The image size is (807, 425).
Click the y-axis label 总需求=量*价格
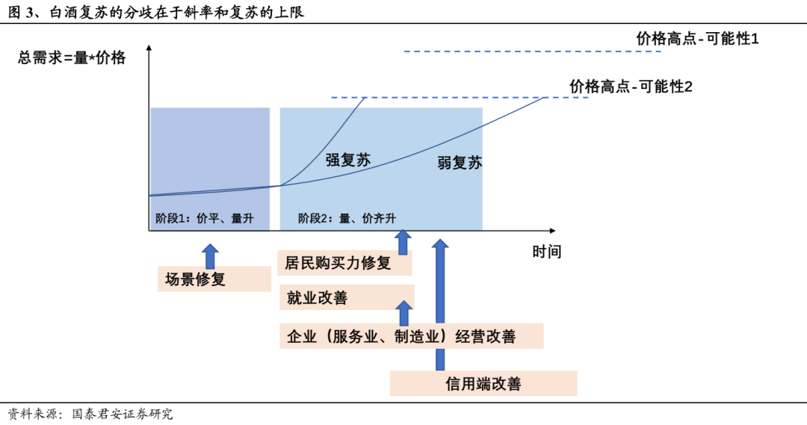coord(72,58)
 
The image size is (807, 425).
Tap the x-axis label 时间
coord(546,252)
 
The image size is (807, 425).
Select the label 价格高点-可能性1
coord(696,39)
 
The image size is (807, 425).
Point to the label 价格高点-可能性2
coord(631,87)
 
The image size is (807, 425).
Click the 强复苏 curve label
coord(347,159)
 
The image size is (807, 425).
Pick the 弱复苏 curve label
coord(460,163)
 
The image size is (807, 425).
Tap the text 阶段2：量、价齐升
coord(347,218)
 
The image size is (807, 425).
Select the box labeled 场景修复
coord(214,279)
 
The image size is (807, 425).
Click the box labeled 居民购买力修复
coord(345,263)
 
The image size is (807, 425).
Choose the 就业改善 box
coord(345,298)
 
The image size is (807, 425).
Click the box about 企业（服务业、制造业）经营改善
coord(411,336)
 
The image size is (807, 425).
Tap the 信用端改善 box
coord(483,383)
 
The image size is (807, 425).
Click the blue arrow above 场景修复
coord(210,255)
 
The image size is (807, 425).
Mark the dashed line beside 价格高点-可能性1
coord(532,52)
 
